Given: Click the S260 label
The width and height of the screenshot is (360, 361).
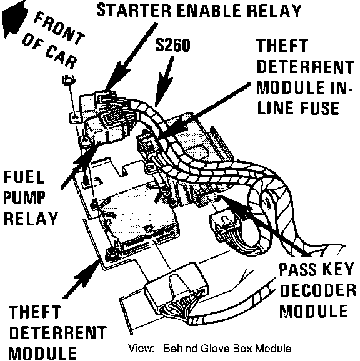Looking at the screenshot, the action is click(173, 45).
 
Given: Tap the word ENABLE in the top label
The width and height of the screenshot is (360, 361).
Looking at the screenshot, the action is click(209, 10).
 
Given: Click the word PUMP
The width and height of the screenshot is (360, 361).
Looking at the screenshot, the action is click(24, 197).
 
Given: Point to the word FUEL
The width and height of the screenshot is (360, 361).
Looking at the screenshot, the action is click(24, 177).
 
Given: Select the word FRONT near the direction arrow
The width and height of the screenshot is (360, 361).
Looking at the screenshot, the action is click(59, 29).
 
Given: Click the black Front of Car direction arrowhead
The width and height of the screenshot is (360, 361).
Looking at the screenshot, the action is click(14, 18).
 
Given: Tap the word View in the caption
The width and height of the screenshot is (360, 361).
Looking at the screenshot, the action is click(141, 348).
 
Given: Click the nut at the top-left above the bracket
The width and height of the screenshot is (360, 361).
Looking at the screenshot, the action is click(68, 80).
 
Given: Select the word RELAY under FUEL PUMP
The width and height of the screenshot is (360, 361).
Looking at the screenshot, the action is click(31, 218).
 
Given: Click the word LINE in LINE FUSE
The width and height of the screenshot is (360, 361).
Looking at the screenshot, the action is click(275, 108).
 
